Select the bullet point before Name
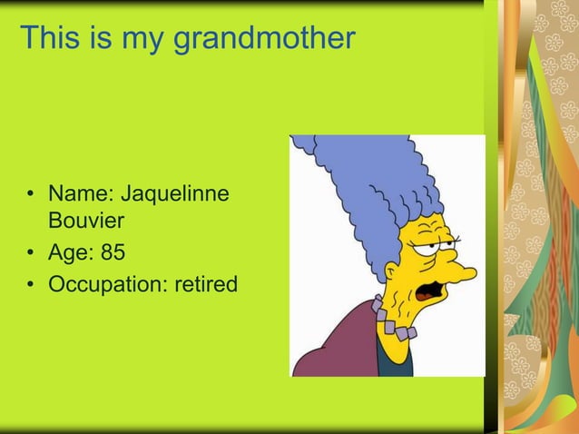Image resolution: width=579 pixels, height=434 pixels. pyautogui.click(x=31, y=195)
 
